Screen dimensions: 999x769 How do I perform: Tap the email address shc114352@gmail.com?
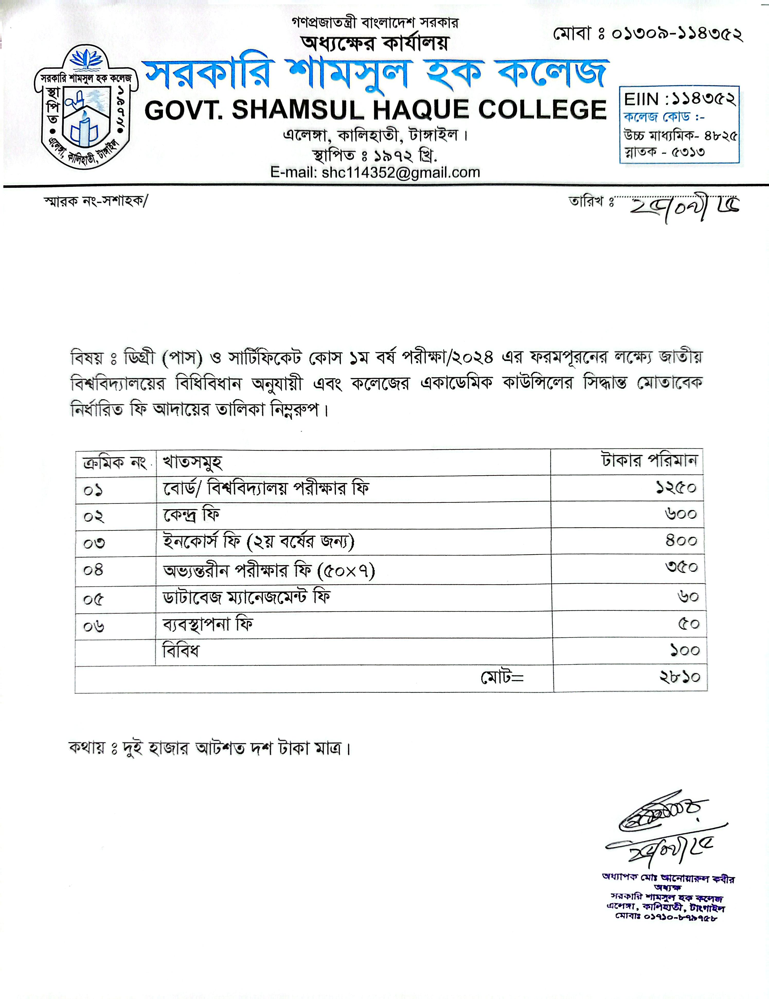[x=375, y=172]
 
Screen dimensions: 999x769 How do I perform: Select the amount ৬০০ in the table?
[x=681, y=514]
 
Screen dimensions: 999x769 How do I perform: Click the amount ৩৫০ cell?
[x=681, y=568]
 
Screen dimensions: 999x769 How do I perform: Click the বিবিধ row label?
[x=181, y=650]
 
